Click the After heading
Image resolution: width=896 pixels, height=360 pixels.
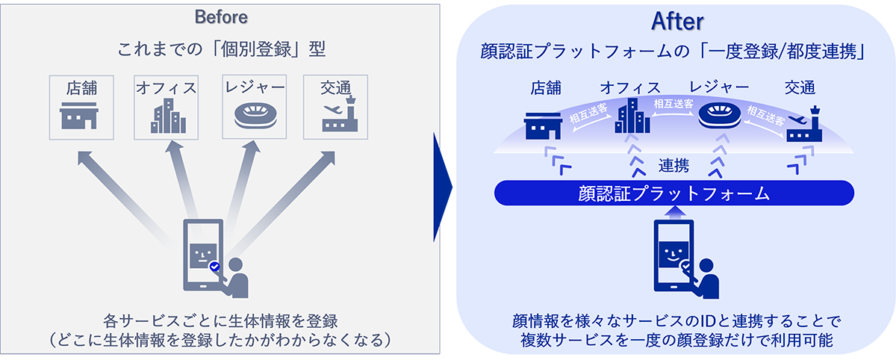(x=678, y=22)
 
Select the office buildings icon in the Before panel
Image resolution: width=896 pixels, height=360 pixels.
(x=166, y=117)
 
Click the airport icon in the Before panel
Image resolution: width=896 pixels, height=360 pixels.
(x=336, y=117)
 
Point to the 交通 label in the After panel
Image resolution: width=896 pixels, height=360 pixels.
(x=800, y=88)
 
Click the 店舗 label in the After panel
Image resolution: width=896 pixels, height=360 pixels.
(x=546, y=88)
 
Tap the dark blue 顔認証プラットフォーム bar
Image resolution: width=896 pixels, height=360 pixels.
(x=673, y=193)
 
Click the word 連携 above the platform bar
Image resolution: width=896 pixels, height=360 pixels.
(x=673, y=165)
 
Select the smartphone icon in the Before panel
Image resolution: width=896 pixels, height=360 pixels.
(x=203, y=254)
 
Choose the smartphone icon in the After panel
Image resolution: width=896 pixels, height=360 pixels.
(x=674, y=254)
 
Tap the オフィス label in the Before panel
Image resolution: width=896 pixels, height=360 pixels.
(x=166, y=88)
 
